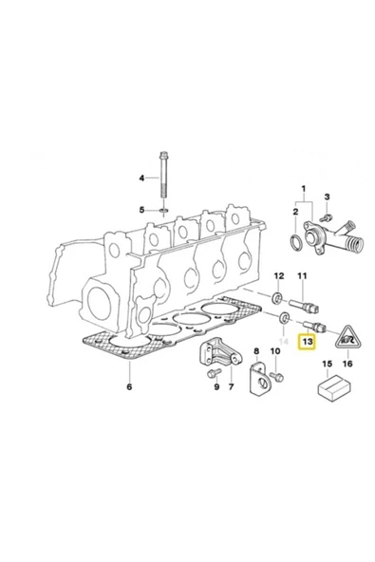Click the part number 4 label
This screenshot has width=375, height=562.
141,178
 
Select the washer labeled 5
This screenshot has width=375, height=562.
164,210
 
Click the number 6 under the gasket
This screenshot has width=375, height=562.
129,386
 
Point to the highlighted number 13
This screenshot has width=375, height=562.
308,341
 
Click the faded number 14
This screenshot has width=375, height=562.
284,341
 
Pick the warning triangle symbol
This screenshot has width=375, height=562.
348,337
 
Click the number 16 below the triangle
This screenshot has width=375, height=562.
347,364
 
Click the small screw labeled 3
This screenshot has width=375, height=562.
327,216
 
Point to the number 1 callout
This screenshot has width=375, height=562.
303,189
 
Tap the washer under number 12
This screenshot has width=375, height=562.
277,297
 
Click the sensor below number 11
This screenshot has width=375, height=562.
304,306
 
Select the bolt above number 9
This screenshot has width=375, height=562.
211,374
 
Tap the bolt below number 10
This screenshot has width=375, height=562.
276,376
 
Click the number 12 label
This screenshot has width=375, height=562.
279,275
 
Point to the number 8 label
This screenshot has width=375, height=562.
256,351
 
